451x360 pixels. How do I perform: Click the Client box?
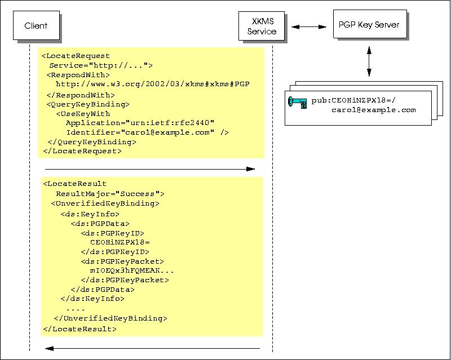click(x=36, y=26)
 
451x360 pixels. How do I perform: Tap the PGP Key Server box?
click(x=369, y=25)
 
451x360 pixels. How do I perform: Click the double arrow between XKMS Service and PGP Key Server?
click(x=309, y=26)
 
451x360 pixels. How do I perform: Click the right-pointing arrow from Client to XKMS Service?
click(x=149, y=168)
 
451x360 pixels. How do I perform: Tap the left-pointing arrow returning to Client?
click(x=152, y=349)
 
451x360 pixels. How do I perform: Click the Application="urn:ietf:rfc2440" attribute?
click(x=140, y=123)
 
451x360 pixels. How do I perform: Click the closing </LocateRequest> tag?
click(x=82, y=151)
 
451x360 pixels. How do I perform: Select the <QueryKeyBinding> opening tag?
click(x=88, y=104)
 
